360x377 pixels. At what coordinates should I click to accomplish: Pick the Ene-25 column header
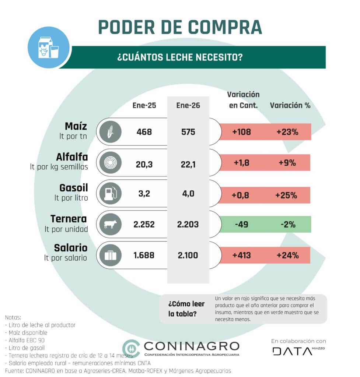click(144, 105)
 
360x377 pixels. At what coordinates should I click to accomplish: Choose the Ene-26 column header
click(188, 105)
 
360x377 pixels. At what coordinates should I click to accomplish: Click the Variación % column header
click(290, 105)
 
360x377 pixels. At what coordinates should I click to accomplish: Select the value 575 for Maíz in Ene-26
click(188, 131)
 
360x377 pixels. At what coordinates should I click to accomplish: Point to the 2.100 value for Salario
click(188, 255)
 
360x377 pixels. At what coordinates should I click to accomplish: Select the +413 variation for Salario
click(241, 255)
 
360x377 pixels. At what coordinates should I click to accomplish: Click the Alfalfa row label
click(72, 157)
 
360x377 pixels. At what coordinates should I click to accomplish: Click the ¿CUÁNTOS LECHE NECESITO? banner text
click(180, 57)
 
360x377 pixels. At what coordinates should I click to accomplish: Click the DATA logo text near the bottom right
click(292, 351)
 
